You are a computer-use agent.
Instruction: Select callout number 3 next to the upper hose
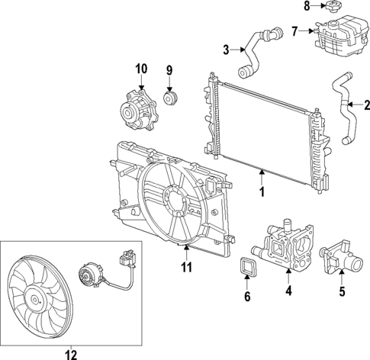[x=227, y=50]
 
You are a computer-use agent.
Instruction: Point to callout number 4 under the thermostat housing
[x=288, y=290]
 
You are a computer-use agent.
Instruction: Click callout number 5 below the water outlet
[x=342, y=290]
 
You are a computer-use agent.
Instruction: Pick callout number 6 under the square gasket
[x=247, y=297]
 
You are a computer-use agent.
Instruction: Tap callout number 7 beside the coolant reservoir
[x=294, y=31]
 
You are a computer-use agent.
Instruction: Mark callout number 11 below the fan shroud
[x=185, y=266]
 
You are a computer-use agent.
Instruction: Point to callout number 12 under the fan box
[x=70, y=353]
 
